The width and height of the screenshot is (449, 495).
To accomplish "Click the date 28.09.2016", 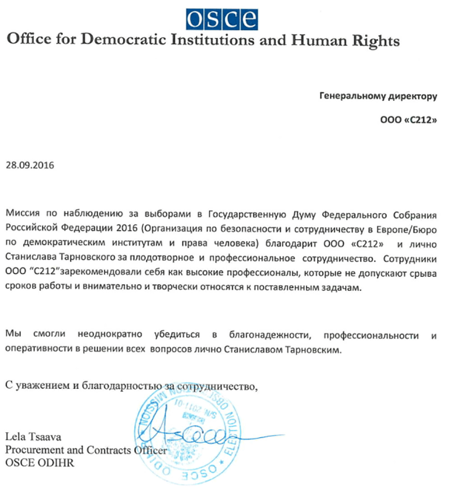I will tap(31, 166).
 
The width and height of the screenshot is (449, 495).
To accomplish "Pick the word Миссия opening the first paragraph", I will tap(23, 214).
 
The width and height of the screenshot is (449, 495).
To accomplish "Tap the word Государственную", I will tap(247, 214).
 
